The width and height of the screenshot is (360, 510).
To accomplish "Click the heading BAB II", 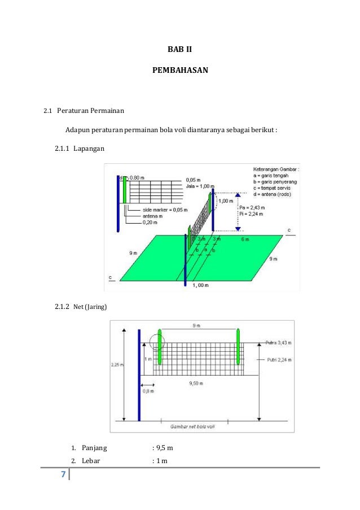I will pos(180,50).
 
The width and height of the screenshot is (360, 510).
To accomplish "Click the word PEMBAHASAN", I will pos(180,71).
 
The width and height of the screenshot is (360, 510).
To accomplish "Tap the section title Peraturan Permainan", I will pos(90,110).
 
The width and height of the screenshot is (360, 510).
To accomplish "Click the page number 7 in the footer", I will pos(63,474).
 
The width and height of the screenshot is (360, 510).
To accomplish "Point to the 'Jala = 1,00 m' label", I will pos(200,186).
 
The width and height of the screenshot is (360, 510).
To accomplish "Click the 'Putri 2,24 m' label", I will pos(278,359).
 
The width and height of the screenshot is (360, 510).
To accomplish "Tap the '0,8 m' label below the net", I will pos(148,390).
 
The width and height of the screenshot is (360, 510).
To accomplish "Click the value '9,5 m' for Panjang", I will pos(164,448).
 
